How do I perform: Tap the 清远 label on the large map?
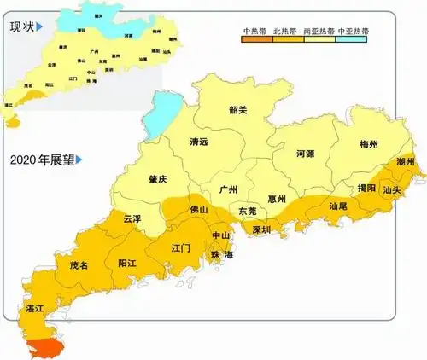click(x=200, y=143)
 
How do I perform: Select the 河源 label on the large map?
click(x=305, y=154)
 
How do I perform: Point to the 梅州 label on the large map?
click(x=370, y=142)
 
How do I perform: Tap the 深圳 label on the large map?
click(x=260, y=230)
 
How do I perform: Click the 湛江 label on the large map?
click(x=35, y=307)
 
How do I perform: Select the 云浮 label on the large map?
click(x=133, y=218)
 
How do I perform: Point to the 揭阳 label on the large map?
click(x=366, y=188)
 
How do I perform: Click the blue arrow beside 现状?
click(x=40, y=28)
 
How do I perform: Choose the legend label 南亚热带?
click(x=319, y=31)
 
